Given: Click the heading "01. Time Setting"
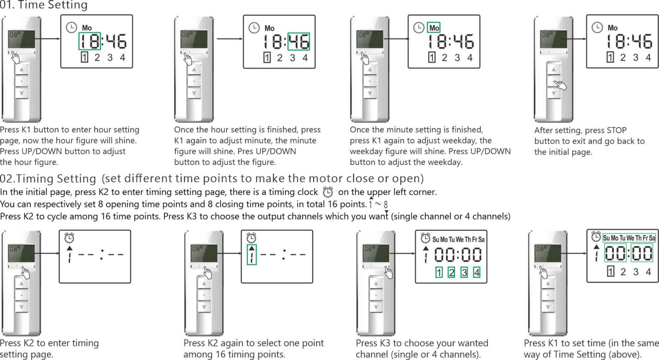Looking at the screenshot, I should point(43,6).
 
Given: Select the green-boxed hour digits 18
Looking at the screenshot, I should point(90,41).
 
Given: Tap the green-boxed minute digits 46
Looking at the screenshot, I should point(299,42).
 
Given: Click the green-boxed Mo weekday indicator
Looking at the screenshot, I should point(434,28).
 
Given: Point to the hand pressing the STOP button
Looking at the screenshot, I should point(559,84).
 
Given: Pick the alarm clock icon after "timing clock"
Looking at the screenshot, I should point(328,192).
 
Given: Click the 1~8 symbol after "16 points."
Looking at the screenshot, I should point(378,204).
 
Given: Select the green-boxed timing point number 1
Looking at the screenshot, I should point(252,255).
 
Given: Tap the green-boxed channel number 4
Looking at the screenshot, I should point(477,272).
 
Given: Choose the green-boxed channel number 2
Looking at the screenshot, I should point(451,272).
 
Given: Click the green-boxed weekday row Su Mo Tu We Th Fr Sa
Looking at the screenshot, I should point(629,238).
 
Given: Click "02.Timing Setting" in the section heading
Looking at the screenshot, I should point(48,178).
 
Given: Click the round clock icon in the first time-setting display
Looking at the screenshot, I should point(71,27).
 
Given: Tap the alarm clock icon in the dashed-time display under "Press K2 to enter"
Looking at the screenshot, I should point(69,238).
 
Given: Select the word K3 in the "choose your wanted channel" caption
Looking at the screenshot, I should point(384,343).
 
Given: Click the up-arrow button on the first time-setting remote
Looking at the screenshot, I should point(21,69).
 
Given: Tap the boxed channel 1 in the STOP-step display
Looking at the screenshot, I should point(610,57).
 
